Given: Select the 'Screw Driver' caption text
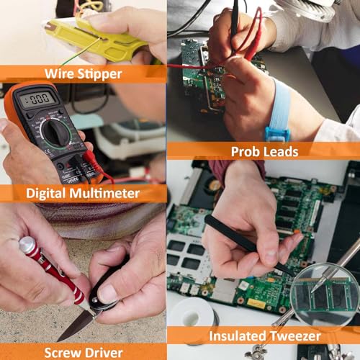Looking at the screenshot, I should pyautogui.click(x=83, y=352).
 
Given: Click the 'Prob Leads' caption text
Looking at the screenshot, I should pyautogui.click(x=264, y=151).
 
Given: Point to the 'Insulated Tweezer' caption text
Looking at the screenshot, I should pyautogui.click(x=264, y=336).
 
